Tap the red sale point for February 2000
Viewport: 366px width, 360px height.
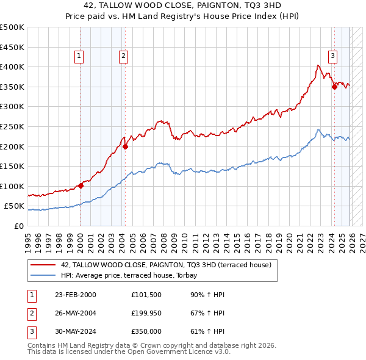(81, 185)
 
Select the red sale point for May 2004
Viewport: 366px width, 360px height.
(125, 146)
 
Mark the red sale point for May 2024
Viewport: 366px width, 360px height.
(334, 87)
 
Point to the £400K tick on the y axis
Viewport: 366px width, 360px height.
(13, 67)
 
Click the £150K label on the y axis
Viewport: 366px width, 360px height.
(13, 166)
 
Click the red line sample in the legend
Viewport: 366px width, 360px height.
(43, 265)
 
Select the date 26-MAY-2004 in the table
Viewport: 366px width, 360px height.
(75, 313)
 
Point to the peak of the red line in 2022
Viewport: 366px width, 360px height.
(318, 65)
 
